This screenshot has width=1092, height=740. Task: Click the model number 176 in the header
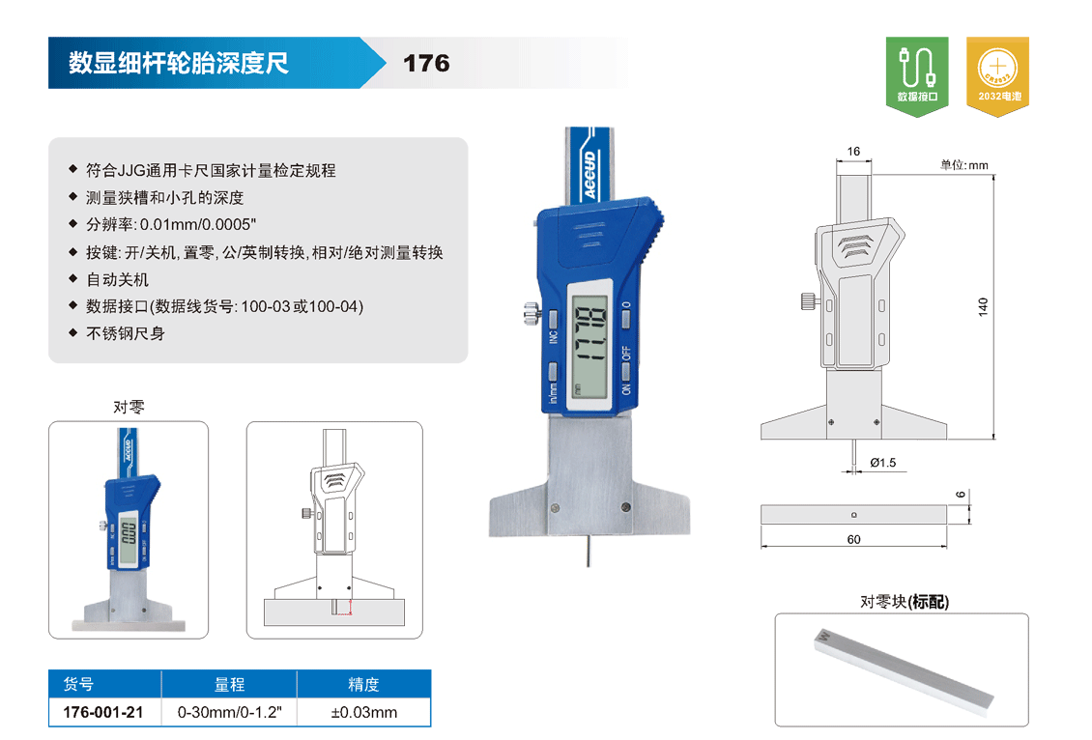tap(426, 64)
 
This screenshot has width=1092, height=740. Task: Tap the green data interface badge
tap(916, 76)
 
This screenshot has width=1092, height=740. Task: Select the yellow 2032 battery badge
tap(997, 76)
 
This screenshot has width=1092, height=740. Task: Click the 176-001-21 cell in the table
tap(103, 712)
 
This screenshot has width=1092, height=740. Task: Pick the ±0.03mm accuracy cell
tap(364, 712)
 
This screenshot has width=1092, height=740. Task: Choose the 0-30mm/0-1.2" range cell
tap(229, 712)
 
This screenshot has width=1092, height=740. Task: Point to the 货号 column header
tap(78, 684)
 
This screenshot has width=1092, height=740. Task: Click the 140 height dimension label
tap(983, 307)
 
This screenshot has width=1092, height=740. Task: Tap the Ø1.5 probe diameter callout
tap(882, 463)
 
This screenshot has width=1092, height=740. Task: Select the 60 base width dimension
tap(854, 539)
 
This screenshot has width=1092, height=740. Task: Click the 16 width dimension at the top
tap(853, 151)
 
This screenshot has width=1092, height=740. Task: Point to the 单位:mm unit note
tap(963, 165)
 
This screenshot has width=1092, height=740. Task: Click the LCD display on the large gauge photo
tap(589, 340)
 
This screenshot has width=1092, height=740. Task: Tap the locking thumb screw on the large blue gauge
tap(532, 313)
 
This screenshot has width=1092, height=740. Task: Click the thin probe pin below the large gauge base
tap(589, 550)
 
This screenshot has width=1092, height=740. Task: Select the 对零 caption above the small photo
tap(129, 407)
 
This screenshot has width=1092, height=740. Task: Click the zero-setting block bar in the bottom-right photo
tap(904, 671)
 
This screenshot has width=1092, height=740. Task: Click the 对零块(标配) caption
tap(904, 602)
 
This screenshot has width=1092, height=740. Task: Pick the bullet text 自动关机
tap(117, 280)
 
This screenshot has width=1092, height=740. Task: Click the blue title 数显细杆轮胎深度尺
tap(178, 64)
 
